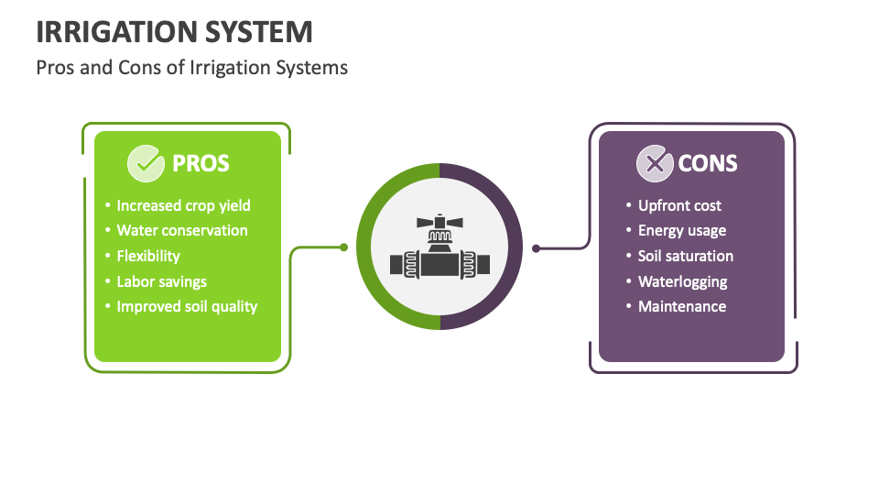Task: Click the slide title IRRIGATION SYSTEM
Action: (174, 32)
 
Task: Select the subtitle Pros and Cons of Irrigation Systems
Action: (191, 68)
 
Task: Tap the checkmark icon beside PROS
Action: (145, 163)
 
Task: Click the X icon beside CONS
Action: (654, 163)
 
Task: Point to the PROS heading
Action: (201, 163)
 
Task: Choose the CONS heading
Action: (708, 163)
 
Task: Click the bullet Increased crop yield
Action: (183, 205)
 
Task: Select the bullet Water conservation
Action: (182, 231)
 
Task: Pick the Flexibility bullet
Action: (148, 256)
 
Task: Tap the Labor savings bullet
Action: (161, 281)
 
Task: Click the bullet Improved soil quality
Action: (187, 306)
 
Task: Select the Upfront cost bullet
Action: (679, 205)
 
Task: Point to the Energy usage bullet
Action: (682, 231)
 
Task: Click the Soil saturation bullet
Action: (686, 256)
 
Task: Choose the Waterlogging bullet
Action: (682, 281)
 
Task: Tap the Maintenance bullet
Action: (682, 306)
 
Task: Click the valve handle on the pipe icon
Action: (439, 222)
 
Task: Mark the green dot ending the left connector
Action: (343, 247)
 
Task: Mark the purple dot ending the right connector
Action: (537, 247)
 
